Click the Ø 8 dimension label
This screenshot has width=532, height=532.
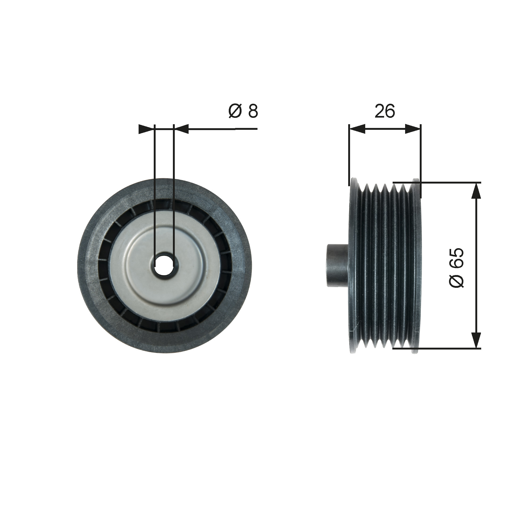click(243, 111)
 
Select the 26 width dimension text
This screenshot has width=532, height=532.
click(385, 111)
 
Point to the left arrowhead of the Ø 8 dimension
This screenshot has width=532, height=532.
click(146, 129)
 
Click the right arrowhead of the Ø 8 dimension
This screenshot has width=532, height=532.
click(181, 129)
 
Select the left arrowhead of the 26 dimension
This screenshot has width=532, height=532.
click(357, 129)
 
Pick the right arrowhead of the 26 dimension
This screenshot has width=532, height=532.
click(413, 129)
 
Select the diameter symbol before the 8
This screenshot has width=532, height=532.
click(235, 111)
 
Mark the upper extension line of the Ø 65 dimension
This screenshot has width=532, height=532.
click(440, 182)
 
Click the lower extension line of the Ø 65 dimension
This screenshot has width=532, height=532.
click(440, 349)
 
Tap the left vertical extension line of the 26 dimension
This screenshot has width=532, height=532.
click(349, 154)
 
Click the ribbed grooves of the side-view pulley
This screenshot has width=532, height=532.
click(385, 266)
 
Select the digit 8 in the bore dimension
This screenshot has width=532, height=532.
click(253, 111)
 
